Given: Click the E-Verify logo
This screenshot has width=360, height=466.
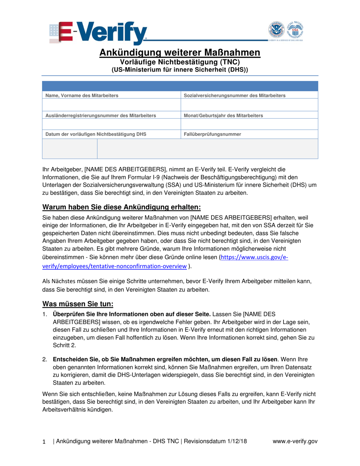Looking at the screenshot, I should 98,33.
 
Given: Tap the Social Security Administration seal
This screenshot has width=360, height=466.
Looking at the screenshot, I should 295,30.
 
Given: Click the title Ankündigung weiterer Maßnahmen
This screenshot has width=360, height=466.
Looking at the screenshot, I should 180,53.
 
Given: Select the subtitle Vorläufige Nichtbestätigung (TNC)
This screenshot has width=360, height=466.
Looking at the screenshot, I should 180,62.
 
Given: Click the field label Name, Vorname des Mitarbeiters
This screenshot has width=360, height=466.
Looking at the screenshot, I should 82,95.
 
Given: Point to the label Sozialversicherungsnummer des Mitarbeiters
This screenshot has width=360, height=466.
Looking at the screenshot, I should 234,95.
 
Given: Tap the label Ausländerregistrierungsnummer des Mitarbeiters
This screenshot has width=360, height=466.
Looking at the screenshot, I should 100,115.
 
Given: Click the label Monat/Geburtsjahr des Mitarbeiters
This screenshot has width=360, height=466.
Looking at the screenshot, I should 223,115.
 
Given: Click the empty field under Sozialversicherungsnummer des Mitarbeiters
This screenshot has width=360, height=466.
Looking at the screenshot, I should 249,105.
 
